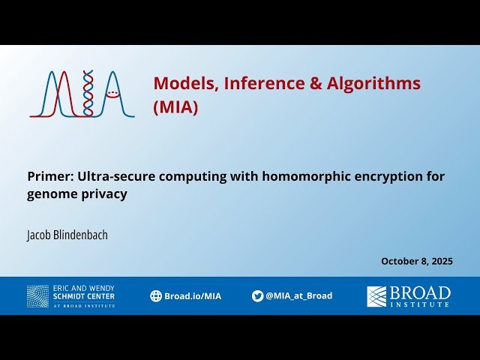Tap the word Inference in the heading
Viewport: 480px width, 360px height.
point(255,83)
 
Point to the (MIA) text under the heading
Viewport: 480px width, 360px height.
point(175,107)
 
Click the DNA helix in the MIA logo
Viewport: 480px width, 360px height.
point(88,93)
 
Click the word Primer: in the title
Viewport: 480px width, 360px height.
point(50,176)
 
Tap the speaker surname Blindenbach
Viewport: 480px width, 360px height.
point(81,235)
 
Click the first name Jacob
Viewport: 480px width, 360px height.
point(38,235)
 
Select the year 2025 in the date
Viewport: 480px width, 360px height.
point(440,261)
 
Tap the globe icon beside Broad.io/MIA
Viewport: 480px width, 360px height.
point(156,295)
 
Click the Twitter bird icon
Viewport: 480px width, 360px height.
point(257,295)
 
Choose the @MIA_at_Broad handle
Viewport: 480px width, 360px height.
point(298,295)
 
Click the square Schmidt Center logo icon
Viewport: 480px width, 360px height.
point(37,295)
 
